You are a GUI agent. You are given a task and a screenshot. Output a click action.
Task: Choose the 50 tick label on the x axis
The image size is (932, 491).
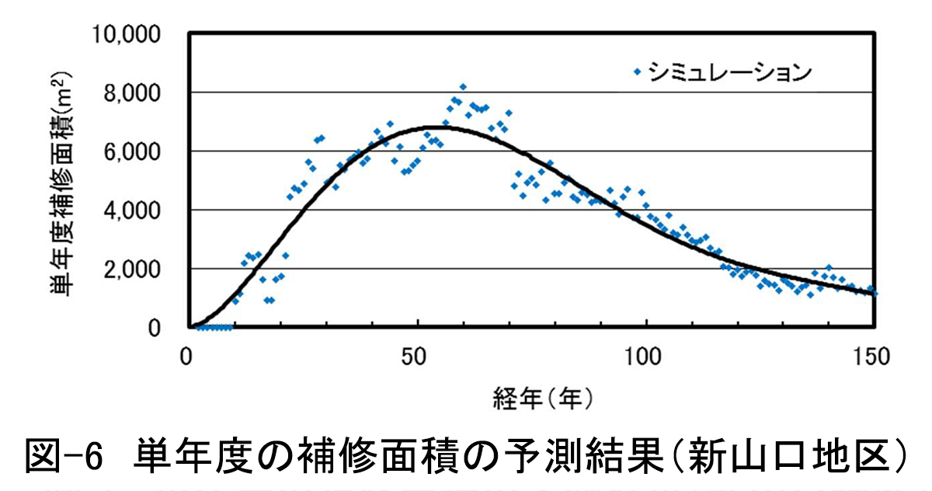click(x=418, y=358)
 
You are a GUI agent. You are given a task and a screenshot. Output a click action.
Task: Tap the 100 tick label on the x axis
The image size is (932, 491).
click(x=646, y=358)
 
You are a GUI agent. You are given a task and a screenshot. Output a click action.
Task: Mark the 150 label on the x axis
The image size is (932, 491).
click(x=875, y=358)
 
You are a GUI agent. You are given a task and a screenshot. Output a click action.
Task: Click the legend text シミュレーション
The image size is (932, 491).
click(x=730, y=71)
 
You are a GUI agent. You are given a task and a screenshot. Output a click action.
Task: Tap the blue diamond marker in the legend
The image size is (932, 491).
click(x=638, y=71)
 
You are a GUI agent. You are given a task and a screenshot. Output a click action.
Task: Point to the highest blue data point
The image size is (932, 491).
click(x=463, y=87)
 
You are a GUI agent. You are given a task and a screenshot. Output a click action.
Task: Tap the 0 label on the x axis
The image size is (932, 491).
click(x=186, y=358)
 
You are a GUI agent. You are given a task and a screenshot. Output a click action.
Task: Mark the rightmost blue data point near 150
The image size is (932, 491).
click(x=875, y=294)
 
